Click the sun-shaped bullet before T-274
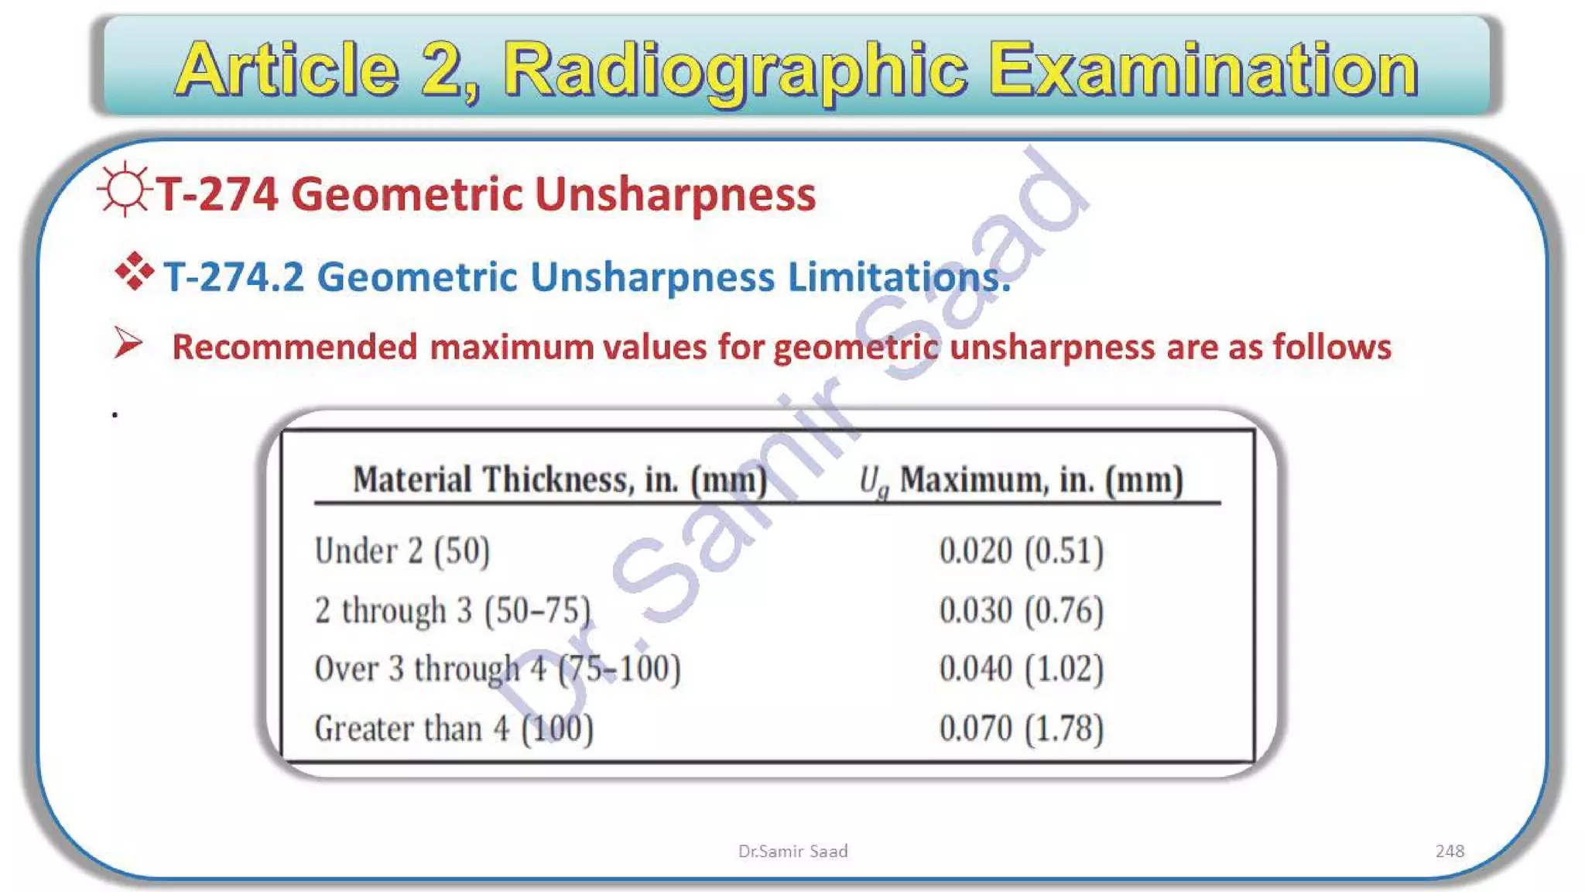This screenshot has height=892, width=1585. (125, 190)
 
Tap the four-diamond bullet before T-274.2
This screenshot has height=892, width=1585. (134, 271)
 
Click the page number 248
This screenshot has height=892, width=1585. (1449, 851)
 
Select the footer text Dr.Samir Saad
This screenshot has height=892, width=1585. (792, 851)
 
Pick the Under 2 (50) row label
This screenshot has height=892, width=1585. (402, 551)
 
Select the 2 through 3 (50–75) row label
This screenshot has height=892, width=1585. (453, 610)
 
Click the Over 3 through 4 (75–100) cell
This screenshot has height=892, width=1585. (498, 669)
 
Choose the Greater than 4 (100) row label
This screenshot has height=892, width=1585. (454, 729)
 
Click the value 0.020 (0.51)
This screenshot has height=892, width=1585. (1021, 551)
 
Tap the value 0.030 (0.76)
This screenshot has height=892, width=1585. (1021, 610)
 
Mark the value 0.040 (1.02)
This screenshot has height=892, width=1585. (1021, 669)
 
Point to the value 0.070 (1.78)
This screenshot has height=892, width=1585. (1021, 729)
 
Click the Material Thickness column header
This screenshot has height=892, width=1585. (560, 480)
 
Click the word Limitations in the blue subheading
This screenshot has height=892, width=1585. (899, 277)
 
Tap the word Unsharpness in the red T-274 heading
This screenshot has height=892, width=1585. (675, 194)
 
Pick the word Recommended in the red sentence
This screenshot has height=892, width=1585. (295, 347)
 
